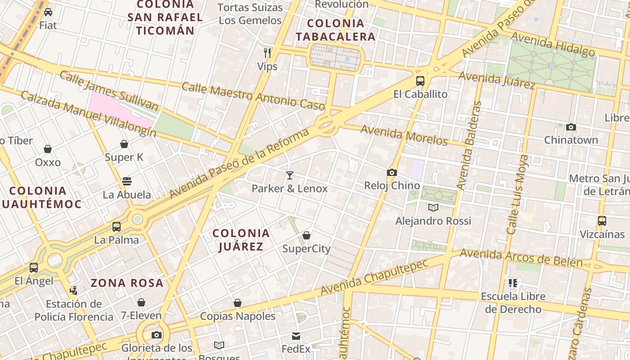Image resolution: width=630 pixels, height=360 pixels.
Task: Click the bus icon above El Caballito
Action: click(x=420, y=81)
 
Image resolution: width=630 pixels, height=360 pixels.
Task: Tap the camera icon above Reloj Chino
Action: click(x=391, y=172)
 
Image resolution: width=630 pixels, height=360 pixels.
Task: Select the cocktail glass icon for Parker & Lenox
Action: click(x=290, y=175)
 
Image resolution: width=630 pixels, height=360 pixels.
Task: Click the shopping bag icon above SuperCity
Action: click(x=306, y=235)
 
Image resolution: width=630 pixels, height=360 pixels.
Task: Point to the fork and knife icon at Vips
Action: click(x=267, y=53)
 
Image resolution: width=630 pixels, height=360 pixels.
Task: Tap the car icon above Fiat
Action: click(x=48, y=12)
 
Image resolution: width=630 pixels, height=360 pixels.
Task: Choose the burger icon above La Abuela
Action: click(x=127, y=181)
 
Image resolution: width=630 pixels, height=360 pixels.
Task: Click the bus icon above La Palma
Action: click(x=117, y=226)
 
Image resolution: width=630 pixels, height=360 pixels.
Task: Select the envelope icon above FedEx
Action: click(x=296, y=336)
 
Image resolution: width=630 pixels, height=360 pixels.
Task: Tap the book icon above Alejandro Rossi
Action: click(x=433, y=207)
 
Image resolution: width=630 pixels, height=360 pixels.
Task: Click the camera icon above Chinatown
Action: click(x=571, y=127)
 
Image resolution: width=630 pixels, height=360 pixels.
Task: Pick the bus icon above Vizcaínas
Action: click(x=602, y=221)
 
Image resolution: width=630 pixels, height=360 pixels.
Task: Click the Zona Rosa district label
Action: click(x=127, y=283)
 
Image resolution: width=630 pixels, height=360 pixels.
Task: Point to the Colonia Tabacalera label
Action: click(x=335, y=30)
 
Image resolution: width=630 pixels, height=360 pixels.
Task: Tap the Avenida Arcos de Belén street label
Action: click(x=521, y=258)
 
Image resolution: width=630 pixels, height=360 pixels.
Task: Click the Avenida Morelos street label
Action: click(x=404, y=135)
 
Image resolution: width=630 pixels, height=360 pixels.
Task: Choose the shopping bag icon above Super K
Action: click(x=124, y=144)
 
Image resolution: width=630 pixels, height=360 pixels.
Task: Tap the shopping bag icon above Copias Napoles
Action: click(x=238, y=303)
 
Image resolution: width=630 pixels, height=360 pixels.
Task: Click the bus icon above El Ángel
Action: click(x=34, y=268)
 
